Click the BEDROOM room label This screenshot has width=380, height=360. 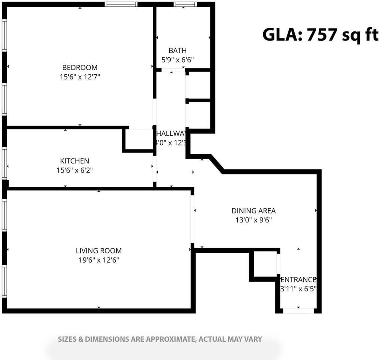coord(80,67)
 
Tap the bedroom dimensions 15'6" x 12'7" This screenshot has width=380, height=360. coord(80,77)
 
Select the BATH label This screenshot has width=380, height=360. coord(177,51)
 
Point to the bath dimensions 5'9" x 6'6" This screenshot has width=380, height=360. coord(177,60)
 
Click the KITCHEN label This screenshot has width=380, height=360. coord(75,161)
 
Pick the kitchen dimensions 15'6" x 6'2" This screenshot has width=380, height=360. coord(75,170)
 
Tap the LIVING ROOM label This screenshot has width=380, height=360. coord(99,251)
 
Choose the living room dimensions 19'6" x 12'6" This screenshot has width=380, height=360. coord(99,260)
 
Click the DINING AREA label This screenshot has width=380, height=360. coord(253,211)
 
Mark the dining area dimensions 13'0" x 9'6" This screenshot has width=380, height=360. coord(253,220)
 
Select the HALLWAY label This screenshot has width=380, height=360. coord(171,134)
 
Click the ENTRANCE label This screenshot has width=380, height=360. coord(299,280)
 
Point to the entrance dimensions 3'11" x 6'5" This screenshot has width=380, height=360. coord(299,289)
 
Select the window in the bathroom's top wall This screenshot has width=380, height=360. coord(185,4)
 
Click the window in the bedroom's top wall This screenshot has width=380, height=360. coord(121,4)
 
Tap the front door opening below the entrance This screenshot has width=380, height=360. coord(299,310)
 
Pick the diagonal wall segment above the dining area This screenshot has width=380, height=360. coord(217,163)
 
